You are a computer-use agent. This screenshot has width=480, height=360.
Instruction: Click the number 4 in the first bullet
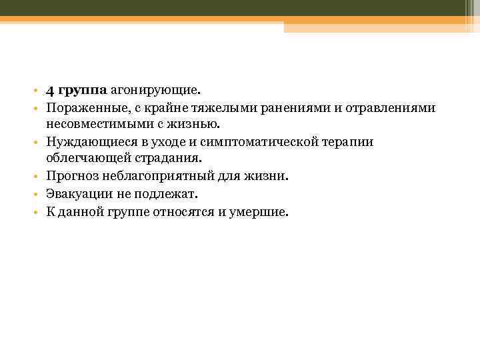pyautogui.click(x=50, y=89)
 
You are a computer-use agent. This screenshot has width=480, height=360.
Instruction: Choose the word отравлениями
pyautogui.click(x=397, y=107)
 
